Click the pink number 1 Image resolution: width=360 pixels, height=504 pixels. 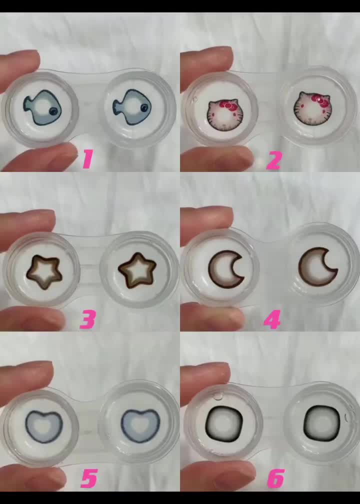[87, 159]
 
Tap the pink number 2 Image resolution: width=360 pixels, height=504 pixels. [274, 160]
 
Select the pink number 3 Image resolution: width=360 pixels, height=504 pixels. [87, 320]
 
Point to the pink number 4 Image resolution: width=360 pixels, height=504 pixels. [272, 319]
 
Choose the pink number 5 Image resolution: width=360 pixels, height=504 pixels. [88, 478]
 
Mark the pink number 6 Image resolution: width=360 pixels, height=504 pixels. [276, 478]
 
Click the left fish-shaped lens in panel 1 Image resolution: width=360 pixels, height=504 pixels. [42, 107]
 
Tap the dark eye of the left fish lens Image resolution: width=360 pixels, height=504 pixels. [53, 111]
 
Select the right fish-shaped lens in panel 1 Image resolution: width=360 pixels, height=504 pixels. [132, 107]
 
